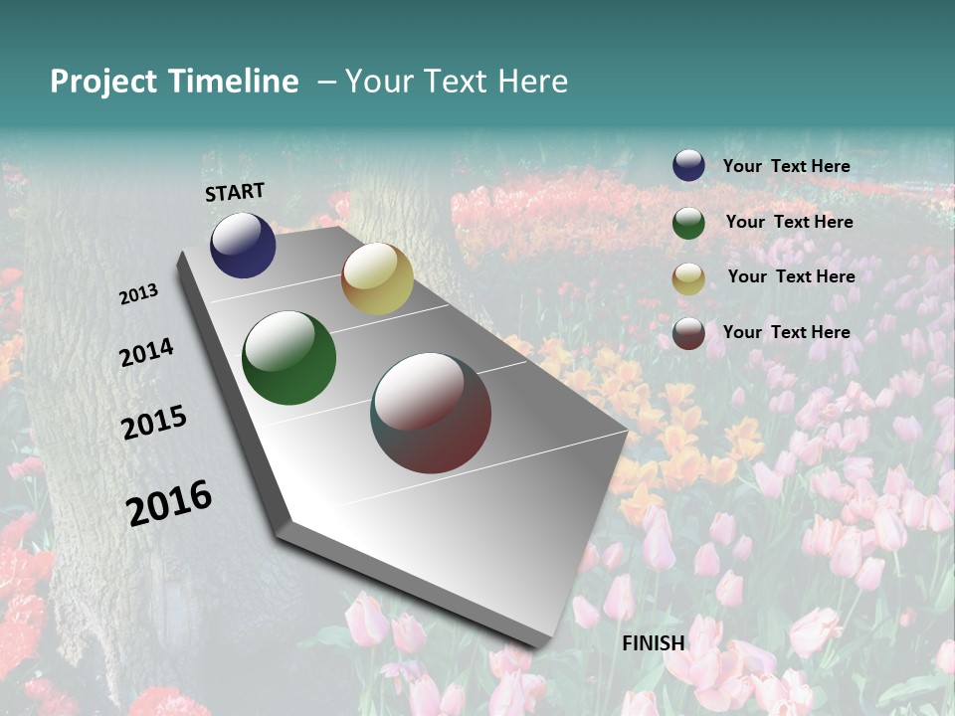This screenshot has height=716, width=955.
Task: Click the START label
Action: (235, 192)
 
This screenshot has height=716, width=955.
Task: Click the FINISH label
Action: (654, 643)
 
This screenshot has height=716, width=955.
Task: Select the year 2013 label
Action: (139, 294)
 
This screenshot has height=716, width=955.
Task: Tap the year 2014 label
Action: (146, 353)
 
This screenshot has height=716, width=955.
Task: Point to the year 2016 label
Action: (169, 503)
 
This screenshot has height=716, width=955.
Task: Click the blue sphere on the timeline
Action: (243, 245)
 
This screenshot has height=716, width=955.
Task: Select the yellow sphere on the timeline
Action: (377, 278)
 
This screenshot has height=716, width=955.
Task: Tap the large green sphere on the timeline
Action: (288, 358)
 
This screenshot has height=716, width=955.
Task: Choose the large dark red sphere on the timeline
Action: (431, 413)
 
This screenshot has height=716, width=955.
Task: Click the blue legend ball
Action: (688, 166)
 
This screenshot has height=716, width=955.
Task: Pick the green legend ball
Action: (688, 222)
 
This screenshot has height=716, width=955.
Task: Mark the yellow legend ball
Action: (688, 277)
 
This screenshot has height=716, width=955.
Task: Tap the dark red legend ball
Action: (688, 333)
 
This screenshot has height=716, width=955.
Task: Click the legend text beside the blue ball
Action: (786, 166)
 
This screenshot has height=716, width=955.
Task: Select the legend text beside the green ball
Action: (789, 222)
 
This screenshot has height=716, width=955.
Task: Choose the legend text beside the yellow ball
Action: (791, 276)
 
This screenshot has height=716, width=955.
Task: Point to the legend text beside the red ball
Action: (786, 332)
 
